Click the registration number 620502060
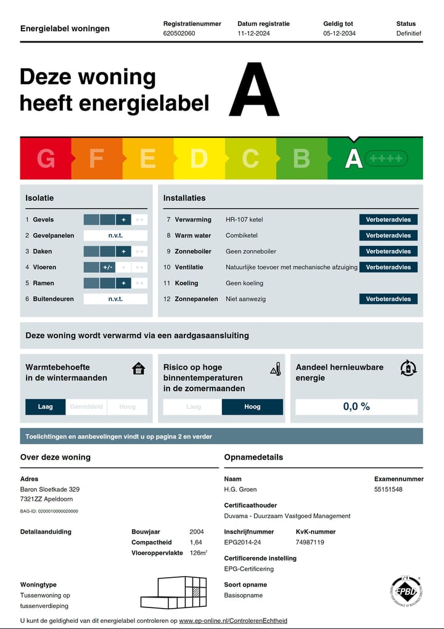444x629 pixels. [x=179, y=33]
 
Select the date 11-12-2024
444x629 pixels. [x=254, y=33]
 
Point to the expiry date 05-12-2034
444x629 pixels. [x=339, y=33]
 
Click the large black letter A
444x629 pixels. [x=254, y=90]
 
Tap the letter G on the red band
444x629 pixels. [x=46, y=159]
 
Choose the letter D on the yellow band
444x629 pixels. [x=199, y=159]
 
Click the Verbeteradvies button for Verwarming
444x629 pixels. [x=388, y=219]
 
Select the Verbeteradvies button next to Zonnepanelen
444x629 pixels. [x=388, y=299]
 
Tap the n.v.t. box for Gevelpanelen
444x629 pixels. [x=115, y=235]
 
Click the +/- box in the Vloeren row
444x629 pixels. [x=107, y=267]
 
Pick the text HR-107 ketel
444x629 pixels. [x=245, y=219]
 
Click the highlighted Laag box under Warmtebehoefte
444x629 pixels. [x=45, y=407]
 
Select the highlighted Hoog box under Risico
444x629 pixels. [x=252, y=407]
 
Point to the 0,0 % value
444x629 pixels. [x=356, y=407]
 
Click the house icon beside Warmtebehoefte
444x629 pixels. [x=139, y=368]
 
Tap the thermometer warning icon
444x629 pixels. [x=276, y=369]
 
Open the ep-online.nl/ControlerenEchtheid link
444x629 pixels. [x=233, y=620]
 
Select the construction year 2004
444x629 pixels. [x=197, y=532]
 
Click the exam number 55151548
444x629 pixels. [x=388, y=489]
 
